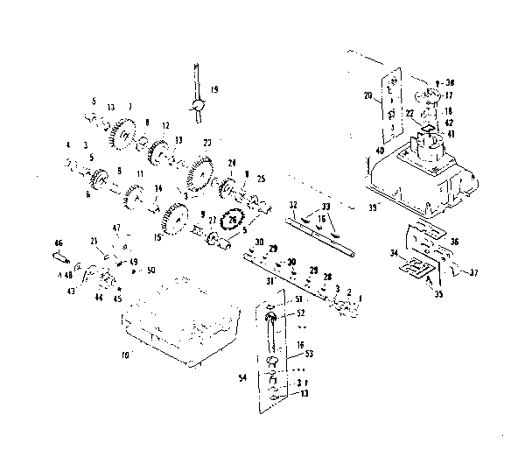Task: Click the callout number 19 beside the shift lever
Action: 215,89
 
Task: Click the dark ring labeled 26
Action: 232,221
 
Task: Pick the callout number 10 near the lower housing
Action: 124,355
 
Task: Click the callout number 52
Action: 301,313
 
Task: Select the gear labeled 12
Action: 158,148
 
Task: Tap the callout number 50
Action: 151,270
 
